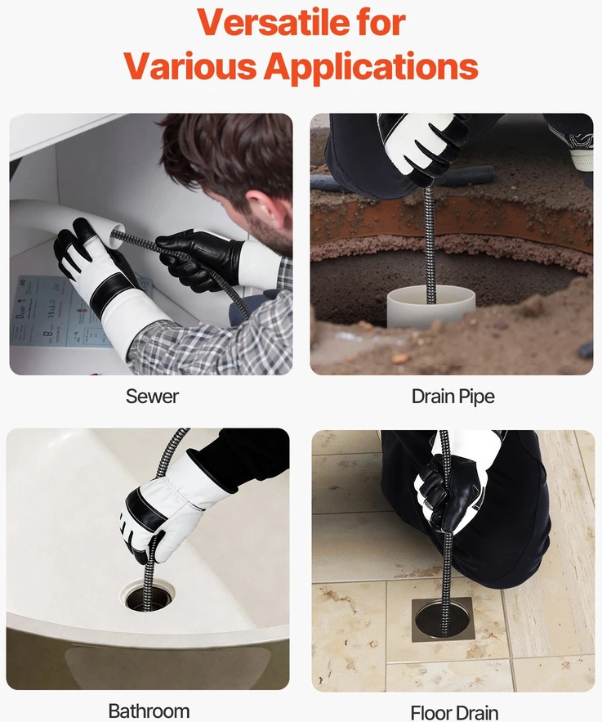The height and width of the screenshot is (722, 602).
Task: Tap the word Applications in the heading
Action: [371, 66]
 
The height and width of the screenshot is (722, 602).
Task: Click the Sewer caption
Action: [152, 397]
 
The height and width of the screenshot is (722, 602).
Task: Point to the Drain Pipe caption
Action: [453, 397]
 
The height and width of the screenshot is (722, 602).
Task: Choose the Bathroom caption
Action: [149, 711]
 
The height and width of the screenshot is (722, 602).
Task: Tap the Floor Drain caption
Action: [454, 712]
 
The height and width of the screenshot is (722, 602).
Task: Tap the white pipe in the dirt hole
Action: [430, 305]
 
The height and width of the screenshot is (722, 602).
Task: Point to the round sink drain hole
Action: [149, 598]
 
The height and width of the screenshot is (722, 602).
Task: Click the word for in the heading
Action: [381, 22]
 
